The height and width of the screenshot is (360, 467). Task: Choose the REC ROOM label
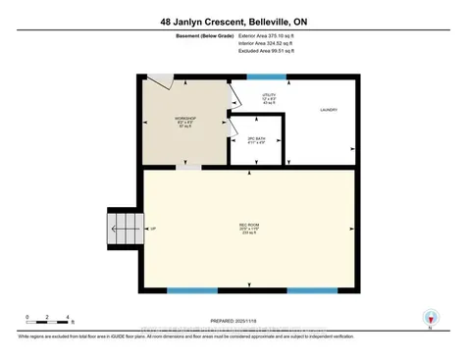click(x=248, y=229)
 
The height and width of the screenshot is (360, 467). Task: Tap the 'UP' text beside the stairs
click(x=152, y=229)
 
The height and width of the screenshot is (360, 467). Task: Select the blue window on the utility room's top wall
click(x=267, y=76)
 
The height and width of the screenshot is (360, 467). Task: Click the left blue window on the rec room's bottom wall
click(x=192, y=290)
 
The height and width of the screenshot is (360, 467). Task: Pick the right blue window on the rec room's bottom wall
click(x=311, y=290)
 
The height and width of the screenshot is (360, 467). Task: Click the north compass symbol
click(x=429, y=318)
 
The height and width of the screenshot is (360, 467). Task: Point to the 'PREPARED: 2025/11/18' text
click(x=233, y=319)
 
